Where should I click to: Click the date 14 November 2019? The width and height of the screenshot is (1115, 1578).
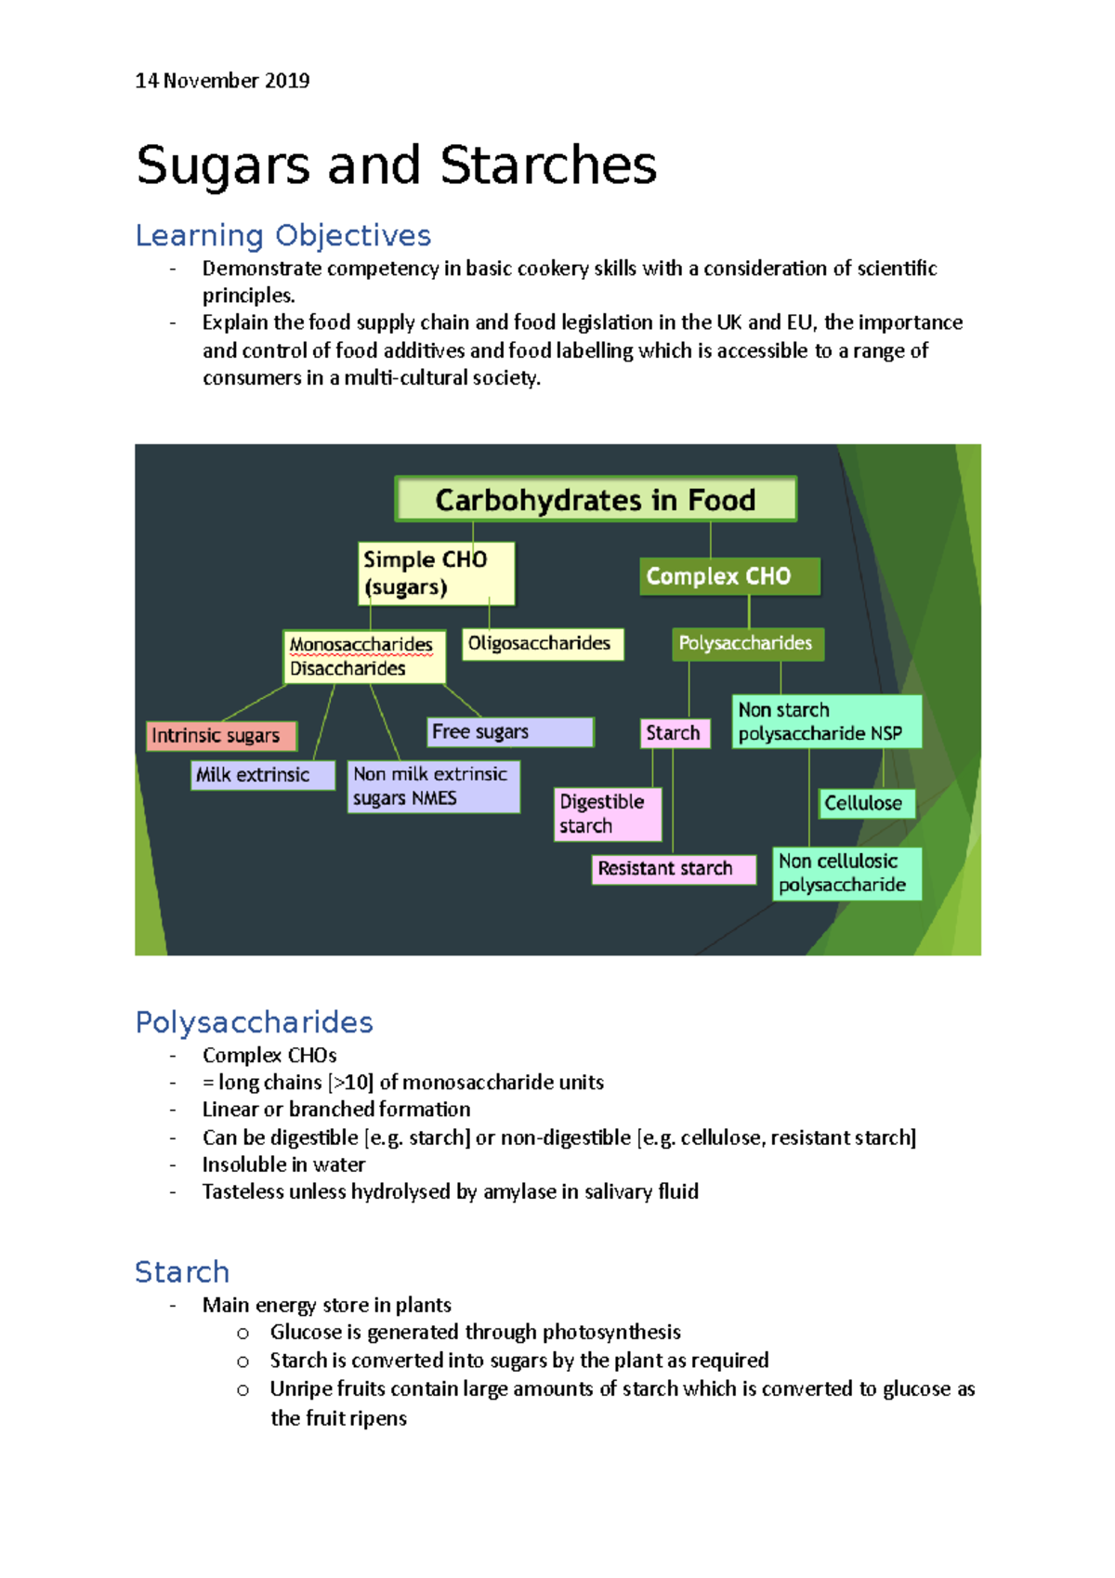click(x=222, y=81)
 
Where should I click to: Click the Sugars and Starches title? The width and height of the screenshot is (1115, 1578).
click(x=396, y=165)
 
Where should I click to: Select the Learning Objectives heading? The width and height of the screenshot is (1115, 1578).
click(x=282, y=235)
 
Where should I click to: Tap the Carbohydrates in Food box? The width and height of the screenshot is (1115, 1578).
click(x=595, y=500)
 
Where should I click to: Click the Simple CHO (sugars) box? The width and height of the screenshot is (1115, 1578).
click(x=436, y=573)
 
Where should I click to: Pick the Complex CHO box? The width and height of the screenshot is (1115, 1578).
click(x=728, y=576)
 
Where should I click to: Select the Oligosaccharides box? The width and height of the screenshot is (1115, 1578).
click(x=542, y=643)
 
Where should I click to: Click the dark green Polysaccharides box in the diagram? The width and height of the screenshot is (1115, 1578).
click(x=746, y=643)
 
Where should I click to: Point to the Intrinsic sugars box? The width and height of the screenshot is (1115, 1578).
click(x=220, y=735)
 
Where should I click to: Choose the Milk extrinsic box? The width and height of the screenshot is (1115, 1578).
click(x=263, y=775)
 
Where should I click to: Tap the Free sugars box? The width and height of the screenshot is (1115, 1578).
click(x=509, y=731)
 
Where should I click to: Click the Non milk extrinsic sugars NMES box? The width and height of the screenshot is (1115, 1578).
click(x=432, y=786)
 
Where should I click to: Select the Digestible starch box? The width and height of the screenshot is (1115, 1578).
click(x=608, y=814)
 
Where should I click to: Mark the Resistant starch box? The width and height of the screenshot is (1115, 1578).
click(x=673, y=869)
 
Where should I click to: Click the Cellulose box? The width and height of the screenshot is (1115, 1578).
click(x=866, y=803)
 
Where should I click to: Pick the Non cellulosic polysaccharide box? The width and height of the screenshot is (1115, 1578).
click(x=846, y=873)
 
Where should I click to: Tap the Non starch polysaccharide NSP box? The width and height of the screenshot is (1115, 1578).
click(x=826, y=722)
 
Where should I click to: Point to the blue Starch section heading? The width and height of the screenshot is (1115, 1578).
click(x=182, y=1271)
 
